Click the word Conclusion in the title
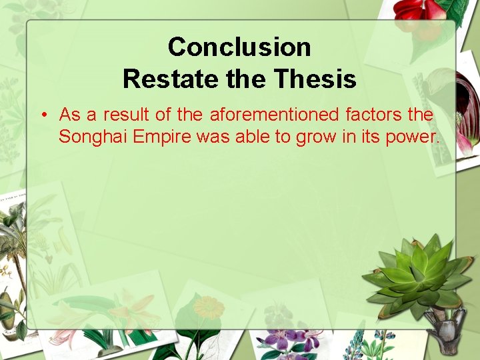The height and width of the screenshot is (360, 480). click(x=239, y=47)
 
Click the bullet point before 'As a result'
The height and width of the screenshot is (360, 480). click(x=43, y=115)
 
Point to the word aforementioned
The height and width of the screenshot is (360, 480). click(x=274, y=115)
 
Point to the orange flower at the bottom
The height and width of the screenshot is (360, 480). click(x=209, y=309)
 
